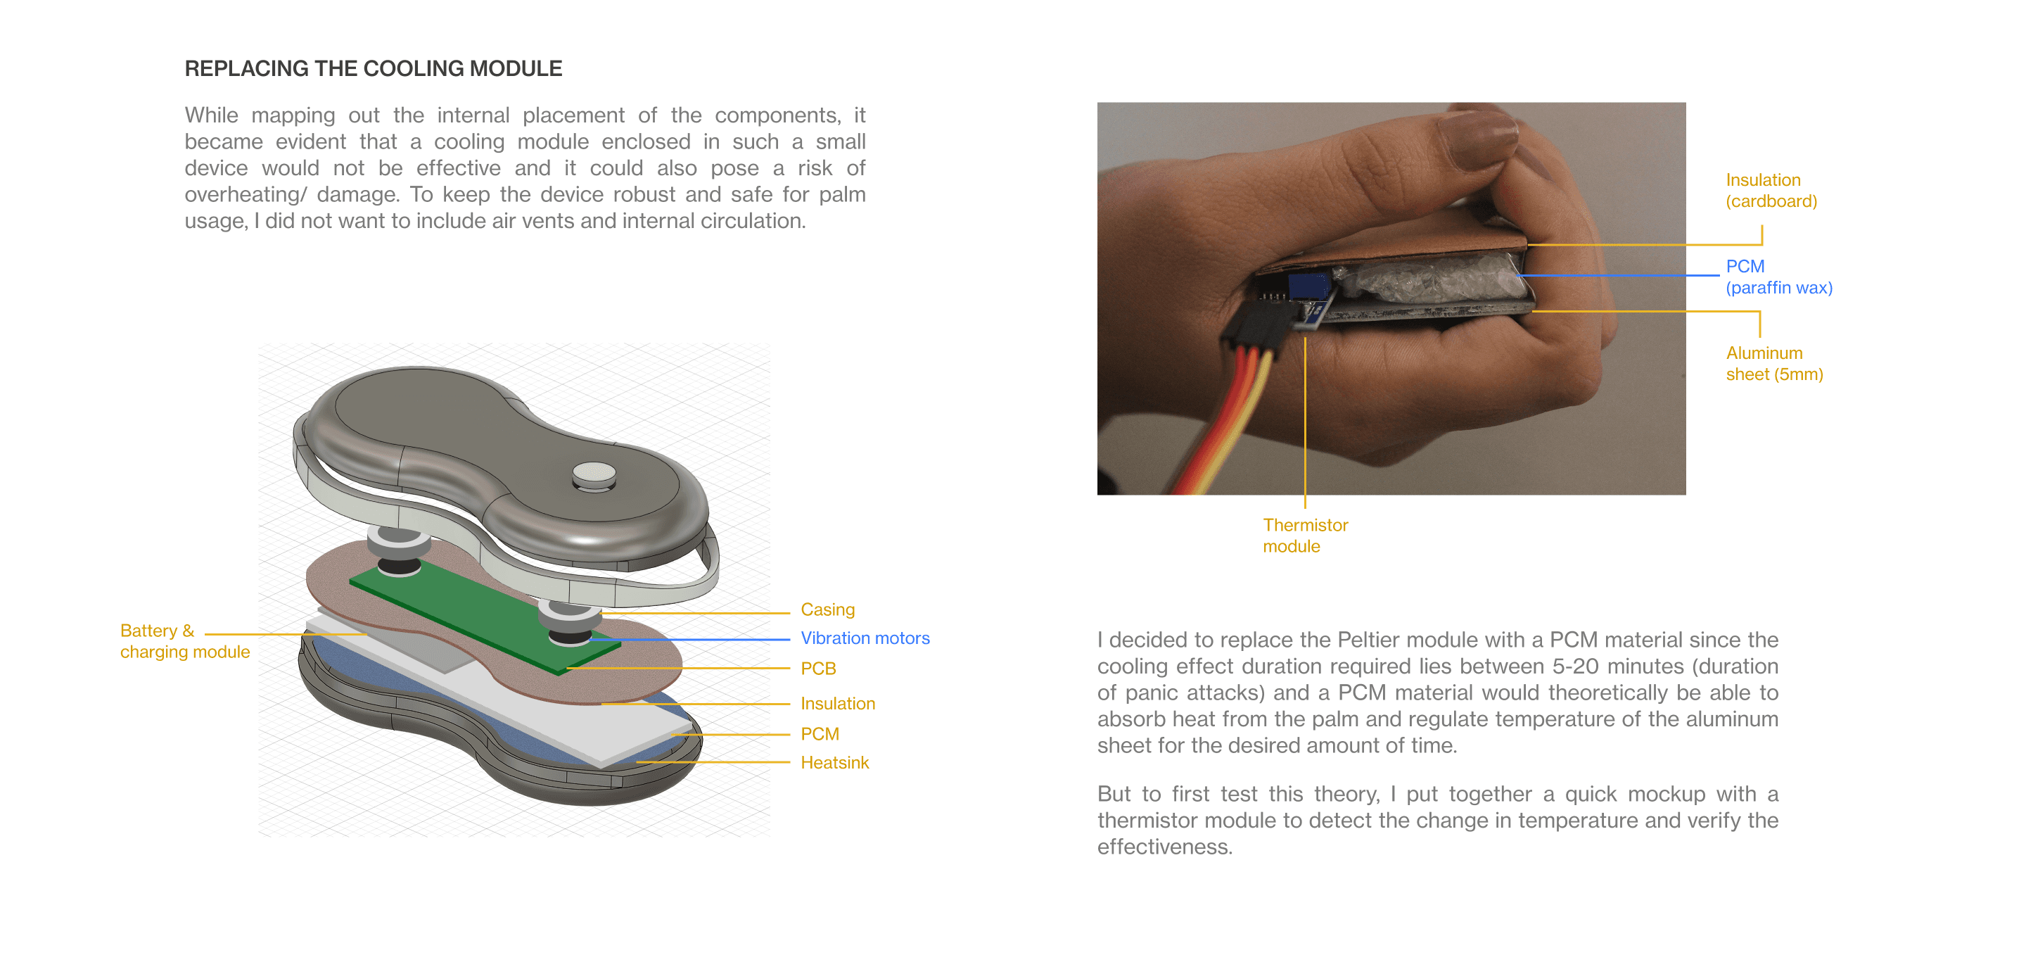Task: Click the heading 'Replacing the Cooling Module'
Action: (x=373, y=68)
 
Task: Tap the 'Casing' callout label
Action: (x=827, y=609)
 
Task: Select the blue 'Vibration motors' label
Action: (x=865, y=638)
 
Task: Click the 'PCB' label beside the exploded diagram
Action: (x=818, y=669)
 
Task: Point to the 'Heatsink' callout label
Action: (x=834, y=762)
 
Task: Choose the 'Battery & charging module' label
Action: (x=185, y=641)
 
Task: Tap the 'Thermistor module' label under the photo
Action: (x=1305, y=535)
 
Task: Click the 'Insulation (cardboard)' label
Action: (x=1771, y=191)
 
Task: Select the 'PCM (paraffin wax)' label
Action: (x=1779, y=277)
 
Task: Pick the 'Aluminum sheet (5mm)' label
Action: (x=1774, y=364)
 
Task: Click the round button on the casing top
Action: (x=594, y=475)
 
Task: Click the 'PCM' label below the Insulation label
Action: (x=820, y=734)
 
